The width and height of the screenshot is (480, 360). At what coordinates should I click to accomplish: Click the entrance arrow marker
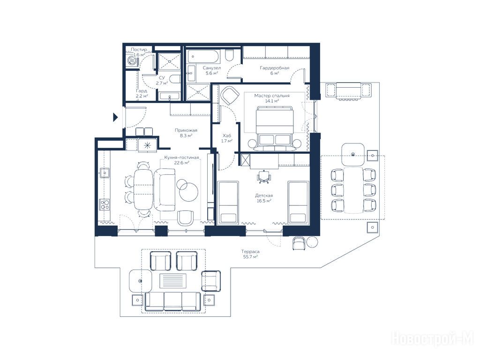[x=115, y=117]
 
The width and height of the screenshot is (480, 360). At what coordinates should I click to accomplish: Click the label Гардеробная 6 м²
[x=275, y=70]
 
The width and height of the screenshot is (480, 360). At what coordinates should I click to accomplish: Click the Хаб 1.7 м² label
[x=227, y=138]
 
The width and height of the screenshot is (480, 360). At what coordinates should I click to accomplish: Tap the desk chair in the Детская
[x=264, y=177]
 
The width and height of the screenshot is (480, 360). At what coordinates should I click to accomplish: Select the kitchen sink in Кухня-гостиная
[x=105, y=173]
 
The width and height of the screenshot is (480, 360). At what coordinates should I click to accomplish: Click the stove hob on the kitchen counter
[x=105, y=204]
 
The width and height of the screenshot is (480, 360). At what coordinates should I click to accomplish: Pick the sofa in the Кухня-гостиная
[x=165, y=189]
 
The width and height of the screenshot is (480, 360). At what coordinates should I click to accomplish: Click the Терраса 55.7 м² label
[x=250, y=255]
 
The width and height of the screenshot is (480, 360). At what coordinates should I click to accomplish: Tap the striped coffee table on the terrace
[x=173, y=280]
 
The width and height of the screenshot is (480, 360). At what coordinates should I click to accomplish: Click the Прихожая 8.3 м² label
[x=186, y=133]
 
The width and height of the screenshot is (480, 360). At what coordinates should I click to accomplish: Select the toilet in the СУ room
[x=175, y=79]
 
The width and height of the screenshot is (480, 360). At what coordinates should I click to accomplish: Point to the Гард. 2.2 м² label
[x=142, y=93]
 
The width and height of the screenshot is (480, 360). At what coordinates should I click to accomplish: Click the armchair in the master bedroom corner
[x=229, y=95]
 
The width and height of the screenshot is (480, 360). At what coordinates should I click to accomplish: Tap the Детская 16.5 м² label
[x=264, y=198]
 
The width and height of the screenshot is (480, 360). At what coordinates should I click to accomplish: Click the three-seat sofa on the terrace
[x=173, y=301]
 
